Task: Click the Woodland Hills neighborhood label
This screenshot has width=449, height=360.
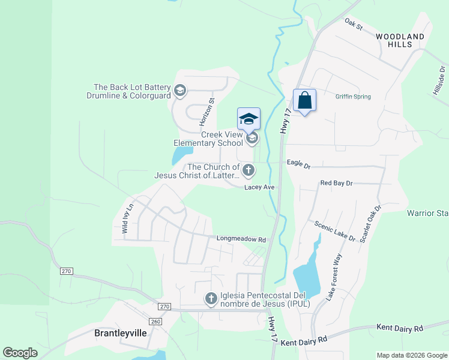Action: click(400, 40)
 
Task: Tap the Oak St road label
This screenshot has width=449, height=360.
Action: click(354, 24)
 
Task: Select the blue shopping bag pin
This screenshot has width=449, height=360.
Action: click(305, 100)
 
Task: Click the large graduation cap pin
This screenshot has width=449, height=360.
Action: click(249, 118)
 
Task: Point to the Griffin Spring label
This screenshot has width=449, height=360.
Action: click(353, 97)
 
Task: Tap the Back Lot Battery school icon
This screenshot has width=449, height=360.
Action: click(179, 91)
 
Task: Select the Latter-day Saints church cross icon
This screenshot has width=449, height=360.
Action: click(249, 171)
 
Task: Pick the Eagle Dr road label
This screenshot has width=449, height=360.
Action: click(298, 163)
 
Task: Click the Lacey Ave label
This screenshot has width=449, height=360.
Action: click(259, 187)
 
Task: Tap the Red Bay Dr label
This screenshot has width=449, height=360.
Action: click(336, 182)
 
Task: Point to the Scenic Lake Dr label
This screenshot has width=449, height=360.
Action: click(335, 230)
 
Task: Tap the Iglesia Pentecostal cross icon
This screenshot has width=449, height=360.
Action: click(211, 298)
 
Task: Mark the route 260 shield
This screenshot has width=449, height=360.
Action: click(155, 322)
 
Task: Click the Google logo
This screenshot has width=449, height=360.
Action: click(20, 353)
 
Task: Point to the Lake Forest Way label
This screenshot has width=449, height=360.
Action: click(334, 277)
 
